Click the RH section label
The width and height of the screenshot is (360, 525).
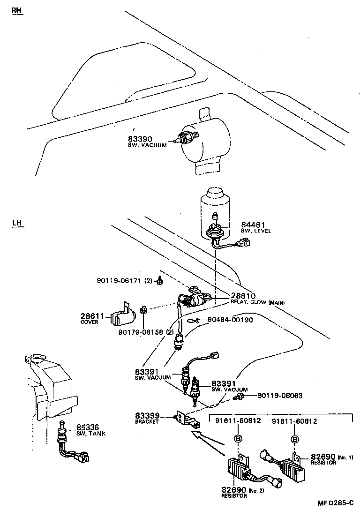[x=17, y=11]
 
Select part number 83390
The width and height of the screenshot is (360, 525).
[x=140, y=139]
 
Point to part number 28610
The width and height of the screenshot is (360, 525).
[x=243, y=296]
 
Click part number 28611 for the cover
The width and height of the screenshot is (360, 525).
[x=92, y=316]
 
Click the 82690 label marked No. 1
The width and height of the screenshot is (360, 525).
[x=323, y=457]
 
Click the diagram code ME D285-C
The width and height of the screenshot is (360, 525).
[x=335, y=503]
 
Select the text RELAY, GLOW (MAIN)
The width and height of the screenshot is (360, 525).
[x=257, y=302]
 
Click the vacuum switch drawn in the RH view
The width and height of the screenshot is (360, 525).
[x=185, y=138]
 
